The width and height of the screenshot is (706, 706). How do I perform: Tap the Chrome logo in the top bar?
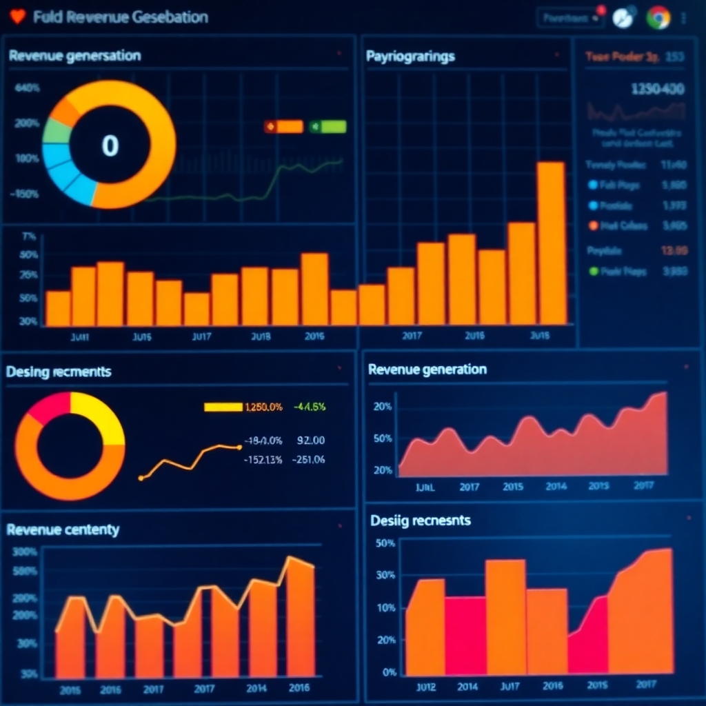pyautogui.click(x=658, y=18)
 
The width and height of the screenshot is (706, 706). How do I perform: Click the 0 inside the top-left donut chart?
pyautogui.click(x=110, y=145)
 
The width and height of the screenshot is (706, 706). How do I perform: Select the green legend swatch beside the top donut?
pyautogui.click(x=329, y=126)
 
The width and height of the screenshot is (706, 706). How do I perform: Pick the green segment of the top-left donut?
pyautogui.click(x=55, y=132)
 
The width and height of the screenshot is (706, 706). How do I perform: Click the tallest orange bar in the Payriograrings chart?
pyautogui.click(x=551, y=241)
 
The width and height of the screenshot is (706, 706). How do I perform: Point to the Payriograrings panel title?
pyautogui.click(x=410, y=57)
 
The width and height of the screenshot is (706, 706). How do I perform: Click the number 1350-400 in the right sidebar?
pyautogui.click(x=658, y=89)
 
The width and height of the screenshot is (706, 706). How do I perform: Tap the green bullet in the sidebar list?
pyautogui.click(x=594, y=272)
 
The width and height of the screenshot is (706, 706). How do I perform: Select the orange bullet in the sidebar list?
pyautogui.click(x=594, y=225)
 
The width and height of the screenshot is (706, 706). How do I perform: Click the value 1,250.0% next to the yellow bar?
pyautogui.click(x=263, y=407)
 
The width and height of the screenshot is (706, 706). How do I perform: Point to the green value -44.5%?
pyautogui.click(x=309, y=407)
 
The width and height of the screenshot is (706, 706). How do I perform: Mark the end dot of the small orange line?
pyautogui.click(x=239, y=447)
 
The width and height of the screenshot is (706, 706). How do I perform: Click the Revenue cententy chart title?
pyautogui.click(x=63, y=529)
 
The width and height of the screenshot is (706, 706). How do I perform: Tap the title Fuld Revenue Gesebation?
pyautogui.click(x=120, y=17)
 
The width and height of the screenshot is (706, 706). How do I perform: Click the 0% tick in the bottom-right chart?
pyautogui.click(x=389, y=672)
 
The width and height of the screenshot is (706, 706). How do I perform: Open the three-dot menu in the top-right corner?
pyautogui.click(x=683, y=18)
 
